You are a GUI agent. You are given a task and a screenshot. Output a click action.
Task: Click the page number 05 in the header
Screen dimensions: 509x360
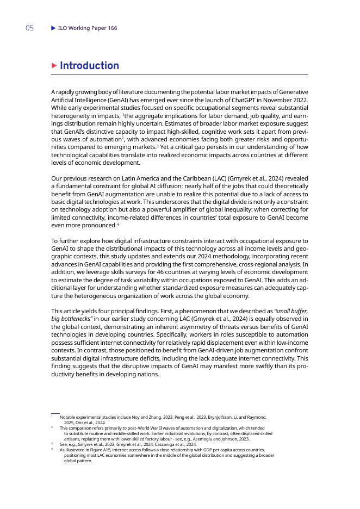tap(29, 28)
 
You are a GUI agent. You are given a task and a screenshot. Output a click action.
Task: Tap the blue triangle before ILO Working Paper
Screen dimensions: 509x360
tap(53, 28)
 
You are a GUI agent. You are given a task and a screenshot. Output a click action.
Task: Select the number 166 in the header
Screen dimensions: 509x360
tap(111, 28)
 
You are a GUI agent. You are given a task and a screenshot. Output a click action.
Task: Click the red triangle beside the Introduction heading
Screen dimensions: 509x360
tap(54, 66)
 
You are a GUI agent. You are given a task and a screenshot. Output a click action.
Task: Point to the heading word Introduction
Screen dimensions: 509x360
tap(89, 66)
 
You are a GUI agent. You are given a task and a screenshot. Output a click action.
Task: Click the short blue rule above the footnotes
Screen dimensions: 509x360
tap(55, 413)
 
